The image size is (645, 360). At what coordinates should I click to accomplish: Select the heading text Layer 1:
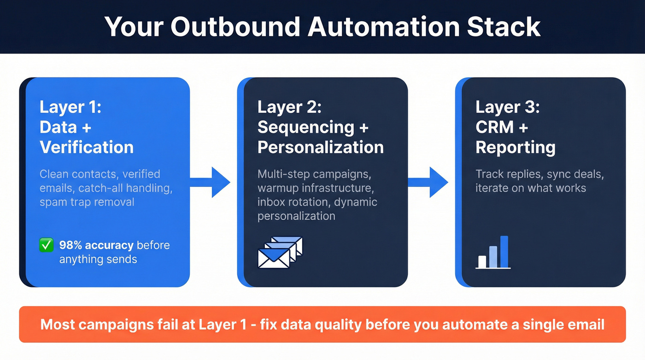[70, 107]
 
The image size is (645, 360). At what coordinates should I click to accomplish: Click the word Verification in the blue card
[87, 147]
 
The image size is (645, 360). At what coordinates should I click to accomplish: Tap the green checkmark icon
[46, 245]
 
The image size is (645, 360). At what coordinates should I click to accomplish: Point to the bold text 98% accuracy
[96, 245]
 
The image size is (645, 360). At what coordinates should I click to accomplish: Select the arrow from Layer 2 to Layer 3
[430, 183]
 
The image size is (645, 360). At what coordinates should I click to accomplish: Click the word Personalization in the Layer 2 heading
[320, 147]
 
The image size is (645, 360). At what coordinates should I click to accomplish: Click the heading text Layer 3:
[507, 107]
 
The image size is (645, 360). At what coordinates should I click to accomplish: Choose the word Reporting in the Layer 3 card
[515, 147]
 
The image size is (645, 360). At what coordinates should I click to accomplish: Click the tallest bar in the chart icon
[504, 251]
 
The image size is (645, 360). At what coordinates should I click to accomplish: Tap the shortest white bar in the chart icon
[482, 261]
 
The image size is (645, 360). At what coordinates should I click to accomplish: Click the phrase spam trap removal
[87, 202]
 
